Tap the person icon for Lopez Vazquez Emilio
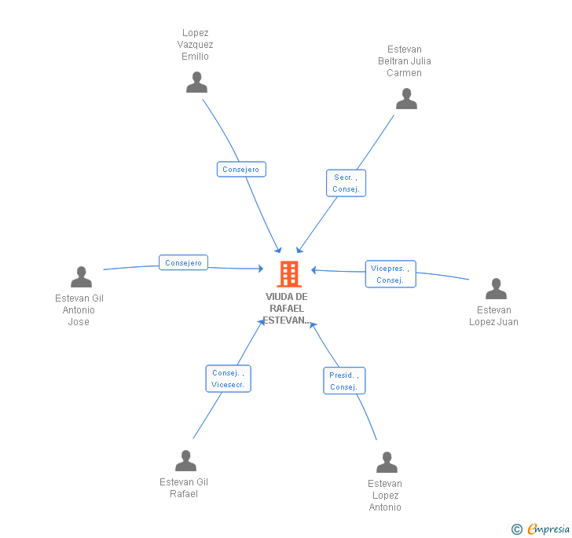click(196, 82)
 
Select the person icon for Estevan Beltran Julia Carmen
click(406, 99)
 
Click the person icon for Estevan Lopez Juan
click(496, 289)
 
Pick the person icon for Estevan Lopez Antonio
click(387, 463)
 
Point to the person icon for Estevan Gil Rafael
click(185, 461)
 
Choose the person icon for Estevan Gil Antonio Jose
click(81, 277)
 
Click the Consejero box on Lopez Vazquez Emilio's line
click(241, 169)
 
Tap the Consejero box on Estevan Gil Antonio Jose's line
click(183, 263)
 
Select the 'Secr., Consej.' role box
click(346, 183)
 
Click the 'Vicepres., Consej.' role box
click(390, 274)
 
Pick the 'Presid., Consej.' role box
click(344, 381)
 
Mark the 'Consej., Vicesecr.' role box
click(229, 379)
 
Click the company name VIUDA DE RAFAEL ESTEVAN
click(286, 308)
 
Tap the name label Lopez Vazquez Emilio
click(195, 45)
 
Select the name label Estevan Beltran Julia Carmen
click(404, 61)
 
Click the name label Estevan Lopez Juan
click(493, 316)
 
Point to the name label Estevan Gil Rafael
click(184, 488)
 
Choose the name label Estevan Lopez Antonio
click(385, 496)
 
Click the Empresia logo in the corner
click(541, 529)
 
